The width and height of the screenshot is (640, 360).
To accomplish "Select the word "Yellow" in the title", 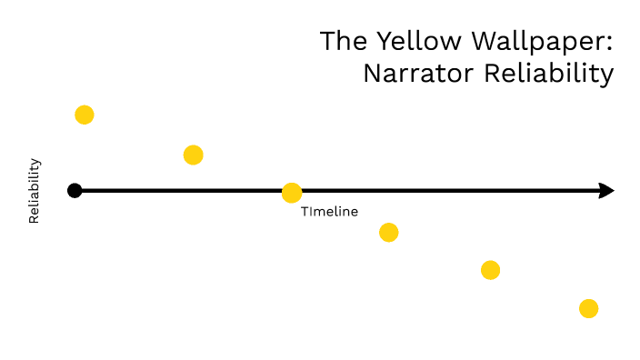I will [x=406, y=41].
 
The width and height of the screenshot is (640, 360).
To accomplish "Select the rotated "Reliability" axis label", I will [x=35, y=191].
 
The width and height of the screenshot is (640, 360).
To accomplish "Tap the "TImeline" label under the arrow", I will [x=329, y=212].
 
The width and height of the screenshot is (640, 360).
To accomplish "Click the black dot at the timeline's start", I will [x=75, y=191].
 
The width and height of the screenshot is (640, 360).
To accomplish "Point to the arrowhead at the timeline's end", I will [x=607, y=191].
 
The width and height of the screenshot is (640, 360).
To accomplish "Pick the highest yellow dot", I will [x=85, y=115].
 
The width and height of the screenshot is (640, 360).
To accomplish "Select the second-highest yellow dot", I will [x=193, y=155].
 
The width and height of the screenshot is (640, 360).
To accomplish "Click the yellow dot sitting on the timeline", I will [x=292, y=193].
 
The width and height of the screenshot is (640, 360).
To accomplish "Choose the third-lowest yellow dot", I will [x=389, y=233].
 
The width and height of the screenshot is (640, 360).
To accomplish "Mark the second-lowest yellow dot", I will [x=490, y=270].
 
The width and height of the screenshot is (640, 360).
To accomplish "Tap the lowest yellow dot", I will [x=588, y=308].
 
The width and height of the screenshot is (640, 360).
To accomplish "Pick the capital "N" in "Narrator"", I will [x=373, y=74].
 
